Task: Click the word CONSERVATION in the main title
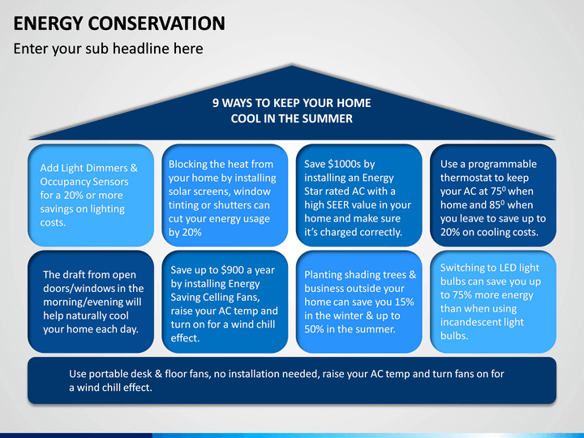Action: pyautogui.click(x=157, y=23)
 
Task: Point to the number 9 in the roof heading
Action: pyautogui.click(x=216, y=103)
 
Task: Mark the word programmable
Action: pyautogui.click(x=502, y=164)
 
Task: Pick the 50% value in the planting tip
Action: pyautogui.click(x=314, y=329)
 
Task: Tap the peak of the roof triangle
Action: pyautogui.click(x=292, y=66)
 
